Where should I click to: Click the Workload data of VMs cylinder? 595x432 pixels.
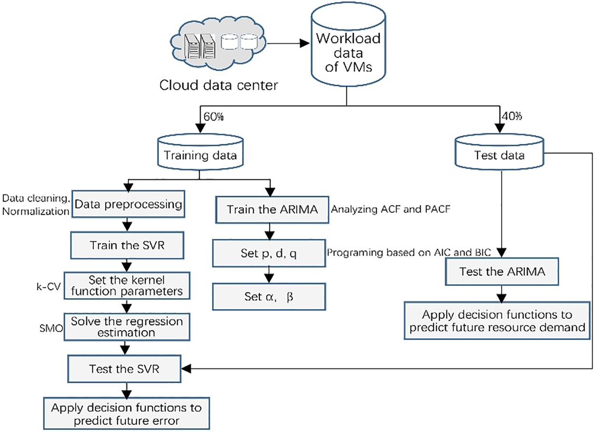tap(347, 50)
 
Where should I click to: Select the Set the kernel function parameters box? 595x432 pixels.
tap(128, 284)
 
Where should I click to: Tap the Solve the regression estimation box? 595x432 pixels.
tap(128, 327)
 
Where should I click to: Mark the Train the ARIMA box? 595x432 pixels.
tap(270, 209)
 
